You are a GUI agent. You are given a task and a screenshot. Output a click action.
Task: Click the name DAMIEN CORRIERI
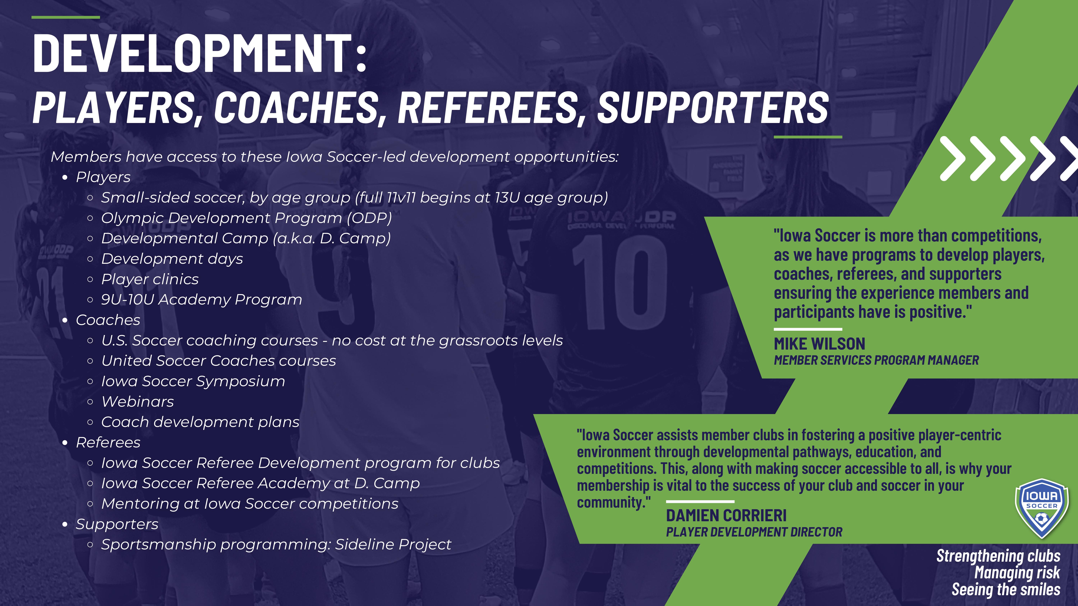tap(726, 516)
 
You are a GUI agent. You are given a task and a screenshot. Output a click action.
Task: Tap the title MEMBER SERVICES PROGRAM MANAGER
tap(876, 360)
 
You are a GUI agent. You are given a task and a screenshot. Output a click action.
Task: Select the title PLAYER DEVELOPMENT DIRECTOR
tap(754, 532)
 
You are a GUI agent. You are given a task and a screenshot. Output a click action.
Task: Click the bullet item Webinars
tap(138, 401)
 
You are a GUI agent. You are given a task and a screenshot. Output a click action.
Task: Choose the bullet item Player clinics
tap(150, 279)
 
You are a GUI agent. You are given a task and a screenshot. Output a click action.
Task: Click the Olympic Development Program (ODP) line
tap(247, 218)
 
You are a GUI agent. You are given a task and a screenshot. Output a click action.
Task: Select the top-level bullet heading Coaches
tap(108, 320)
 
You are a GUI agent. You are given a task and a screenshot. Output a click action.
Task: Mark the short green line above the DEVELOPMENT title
tap(66, 17)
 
